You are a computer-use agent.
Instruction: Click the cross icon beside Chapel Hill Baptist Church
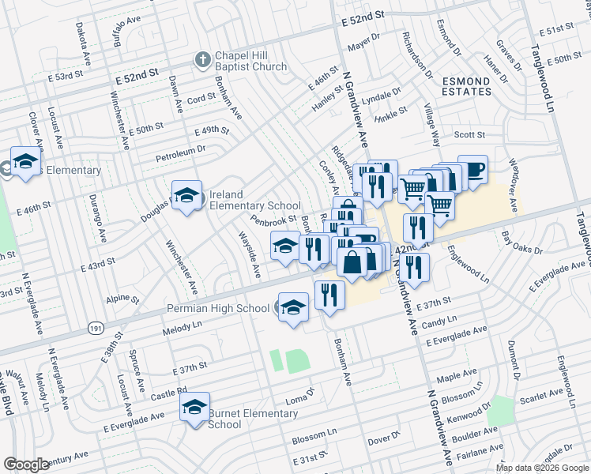point(203,60)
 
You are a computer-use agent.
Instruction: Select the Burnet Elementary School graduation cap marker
point(193,407)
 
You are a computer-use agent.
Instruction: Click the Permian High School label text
point(217,307)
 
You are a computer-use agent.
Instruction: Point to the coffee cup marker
point(472,169)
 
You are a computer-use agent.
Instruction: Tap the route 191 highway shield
point(96,326)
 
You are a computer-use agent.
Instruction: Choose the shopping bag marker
point(352,261)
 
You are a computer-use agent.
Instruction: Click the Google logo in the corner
point(26,464)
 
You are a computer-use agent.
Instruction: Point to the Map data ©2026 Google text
point(541,468)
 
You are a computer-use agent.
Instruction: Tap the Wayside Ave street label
point(250,253)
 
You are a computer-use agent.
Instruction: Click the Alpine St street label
point(122,300)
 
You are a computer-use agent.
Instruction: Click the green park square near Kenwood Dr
point(500,412)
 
